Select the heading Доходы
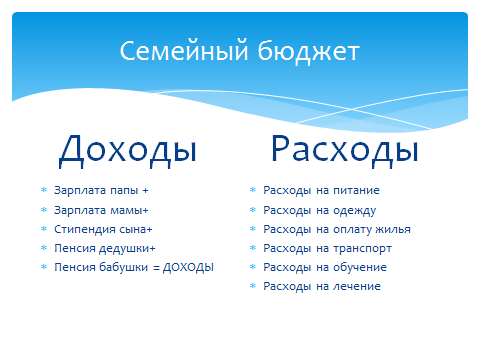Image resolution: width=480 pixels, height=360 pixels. pos(127,150)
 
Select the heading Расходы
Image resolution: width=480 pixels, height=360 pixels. pos(344,150)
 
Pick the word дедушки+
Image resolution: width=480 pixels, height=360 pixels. pos(127,248)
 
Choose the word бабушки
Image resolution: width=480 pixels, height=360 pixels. pos(122,267)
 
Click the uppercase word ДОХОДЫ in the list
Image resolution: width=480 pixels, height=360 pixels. pos(188,267)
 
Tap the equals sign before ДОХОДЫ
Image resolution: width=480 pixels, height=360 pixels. pos(156,267)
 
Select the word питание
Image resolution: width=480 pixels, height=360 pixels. pos(357,190)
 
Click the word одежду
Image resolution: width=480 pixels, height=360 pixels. pos(355,210)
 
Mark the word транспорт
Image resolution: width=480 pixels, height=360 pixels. pos(362,248)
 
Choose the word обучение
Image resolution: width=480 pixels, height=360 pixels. pos(360,267)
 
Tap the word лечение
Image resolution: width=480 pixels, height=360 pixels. pos(357,287)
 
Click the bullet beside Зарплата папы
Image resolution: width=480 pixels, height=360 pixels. pos(43,190)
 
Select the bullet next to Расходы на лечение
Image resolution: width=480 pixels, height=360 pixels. pos(252,287)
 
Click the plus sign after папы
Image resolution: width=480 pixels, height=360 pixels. pos(145,190)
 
